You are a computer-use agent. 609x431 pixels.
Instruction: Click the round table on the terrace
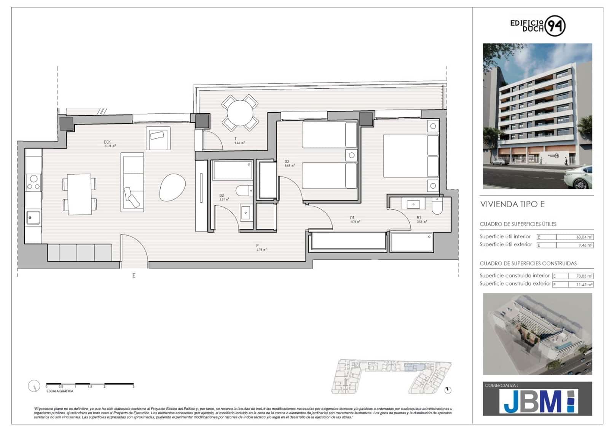click(240, 113)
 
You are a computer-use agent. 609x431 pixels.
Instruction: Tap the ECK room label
click(107, 142)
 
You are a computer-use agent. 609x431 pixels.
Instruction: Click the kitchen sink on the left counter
click(33, 218)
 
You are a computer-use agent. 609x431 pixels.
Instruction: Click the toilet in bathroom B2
click(244, 190)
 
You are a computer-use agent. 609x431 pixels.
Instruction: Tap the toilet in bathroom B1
click(437, 206)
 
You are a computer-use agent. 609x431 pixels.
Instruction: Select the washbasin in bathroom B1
click(413, 204)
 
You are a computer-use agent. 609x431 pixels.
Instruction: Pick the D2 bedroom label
click(287, 162)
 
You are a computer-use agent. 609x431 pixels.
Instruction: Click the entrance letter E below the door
click(134, 275)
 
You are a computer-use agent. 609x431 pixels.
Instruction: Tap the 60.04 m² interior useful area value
click(584, 237)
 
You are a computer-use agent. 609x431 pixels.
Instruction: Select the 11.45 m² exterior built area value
click(584, 284)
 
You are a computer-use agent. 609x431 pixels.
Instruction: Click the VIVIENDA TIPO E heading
click(512, 204)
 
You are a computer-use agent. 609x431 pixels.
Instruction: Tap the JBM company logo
click(538, 401)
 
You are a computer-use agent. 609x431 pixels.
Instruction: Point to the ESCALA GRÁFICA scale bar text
click(60, 391)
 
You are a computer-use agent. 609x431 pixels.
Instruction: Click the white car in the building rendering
click(579, 178)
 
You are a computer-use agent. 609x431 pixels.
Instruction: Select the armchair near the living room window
click(158, 137)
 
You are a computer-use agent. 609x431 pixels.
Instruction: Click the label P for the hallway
click(258, 246)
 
